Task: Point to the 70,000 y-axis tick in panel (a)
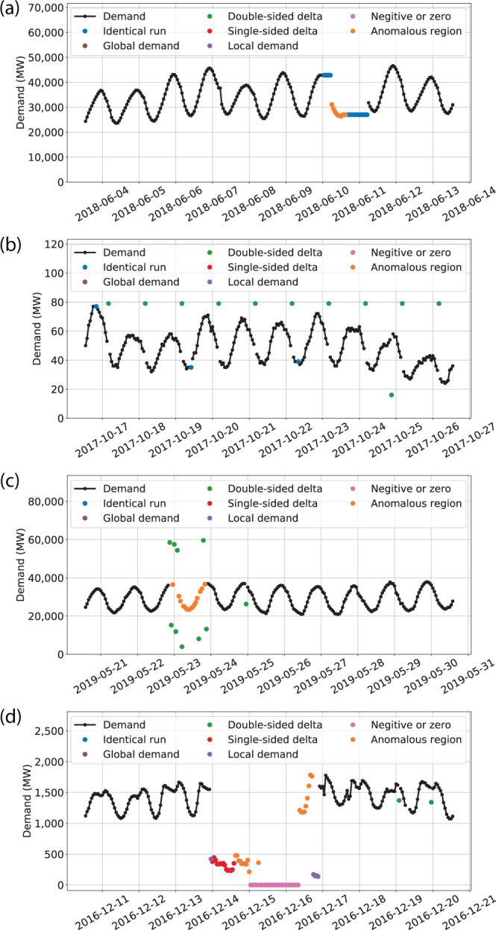point(42,7)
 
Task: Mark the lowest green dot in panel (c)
point(182,647)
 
